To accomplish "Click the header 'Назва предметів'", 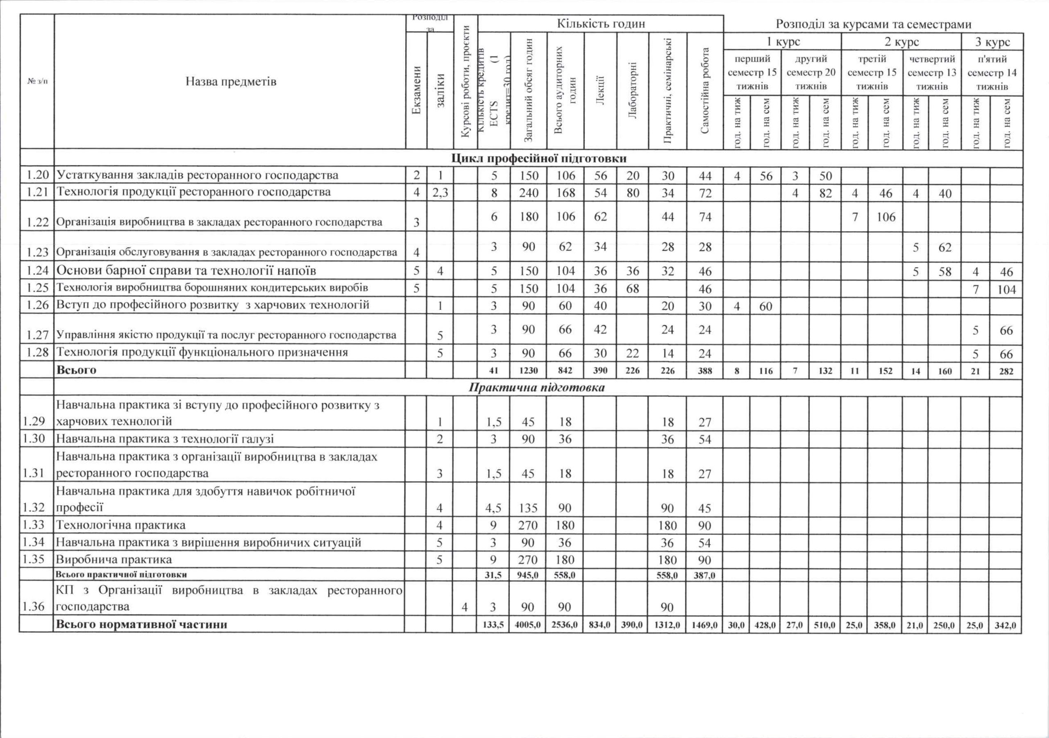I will tap(231, 82).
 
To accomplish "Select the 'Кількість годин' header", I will tap(601, 24).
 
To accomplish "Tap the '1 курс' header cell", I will tap(783, 41).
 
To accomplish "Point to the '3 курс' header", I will tap(992, 41).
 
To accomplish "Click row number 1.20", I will tap(37, 175).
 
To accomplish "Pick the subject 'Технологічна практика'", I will tap(120, 525).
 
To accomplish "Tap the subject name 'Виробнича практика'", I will tap(114, 559).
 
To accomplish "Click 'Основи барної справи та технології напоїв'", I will tap(186, 270).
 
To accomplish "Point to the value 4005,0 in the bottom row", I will tap(528, 624).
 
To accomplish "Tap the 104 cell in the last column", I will tap(1006, 290).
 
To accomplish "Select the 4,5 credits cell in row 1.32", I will tap(493, 508).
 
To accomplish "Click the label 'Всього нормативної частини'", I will tap(141, 624).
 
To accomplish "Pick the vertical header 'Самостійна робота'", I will tap(705, 91).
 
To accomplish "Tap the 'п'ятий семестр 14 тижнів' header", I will tap(992, 73).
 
